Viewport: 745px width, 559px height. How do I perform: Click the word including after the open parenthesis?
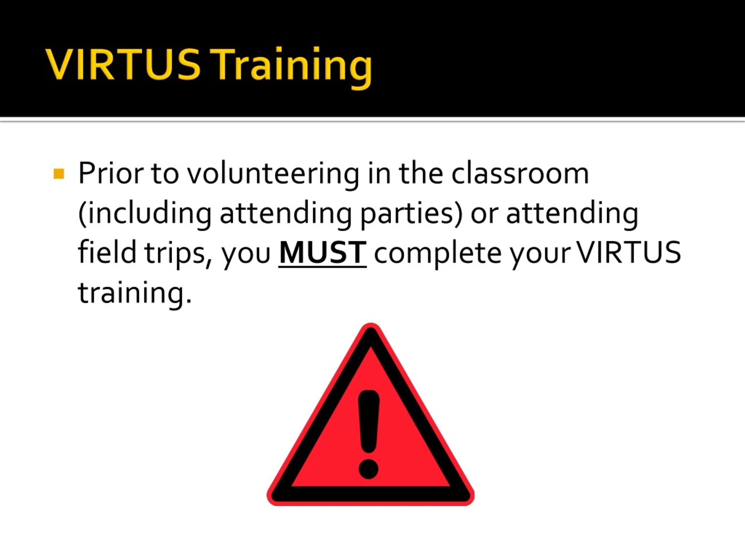(x=148, y=214)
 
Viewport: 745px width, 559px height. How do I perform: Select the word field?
(x=107, y=252)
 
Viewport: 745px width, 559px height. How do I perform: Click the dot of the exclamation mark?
(x=369, y=469)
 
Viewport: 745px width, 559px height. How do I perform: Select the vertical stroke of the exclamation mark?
(x=369, y=422)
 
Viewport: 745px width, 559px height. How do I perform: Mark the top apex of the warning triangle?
(x=371, y=323)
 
